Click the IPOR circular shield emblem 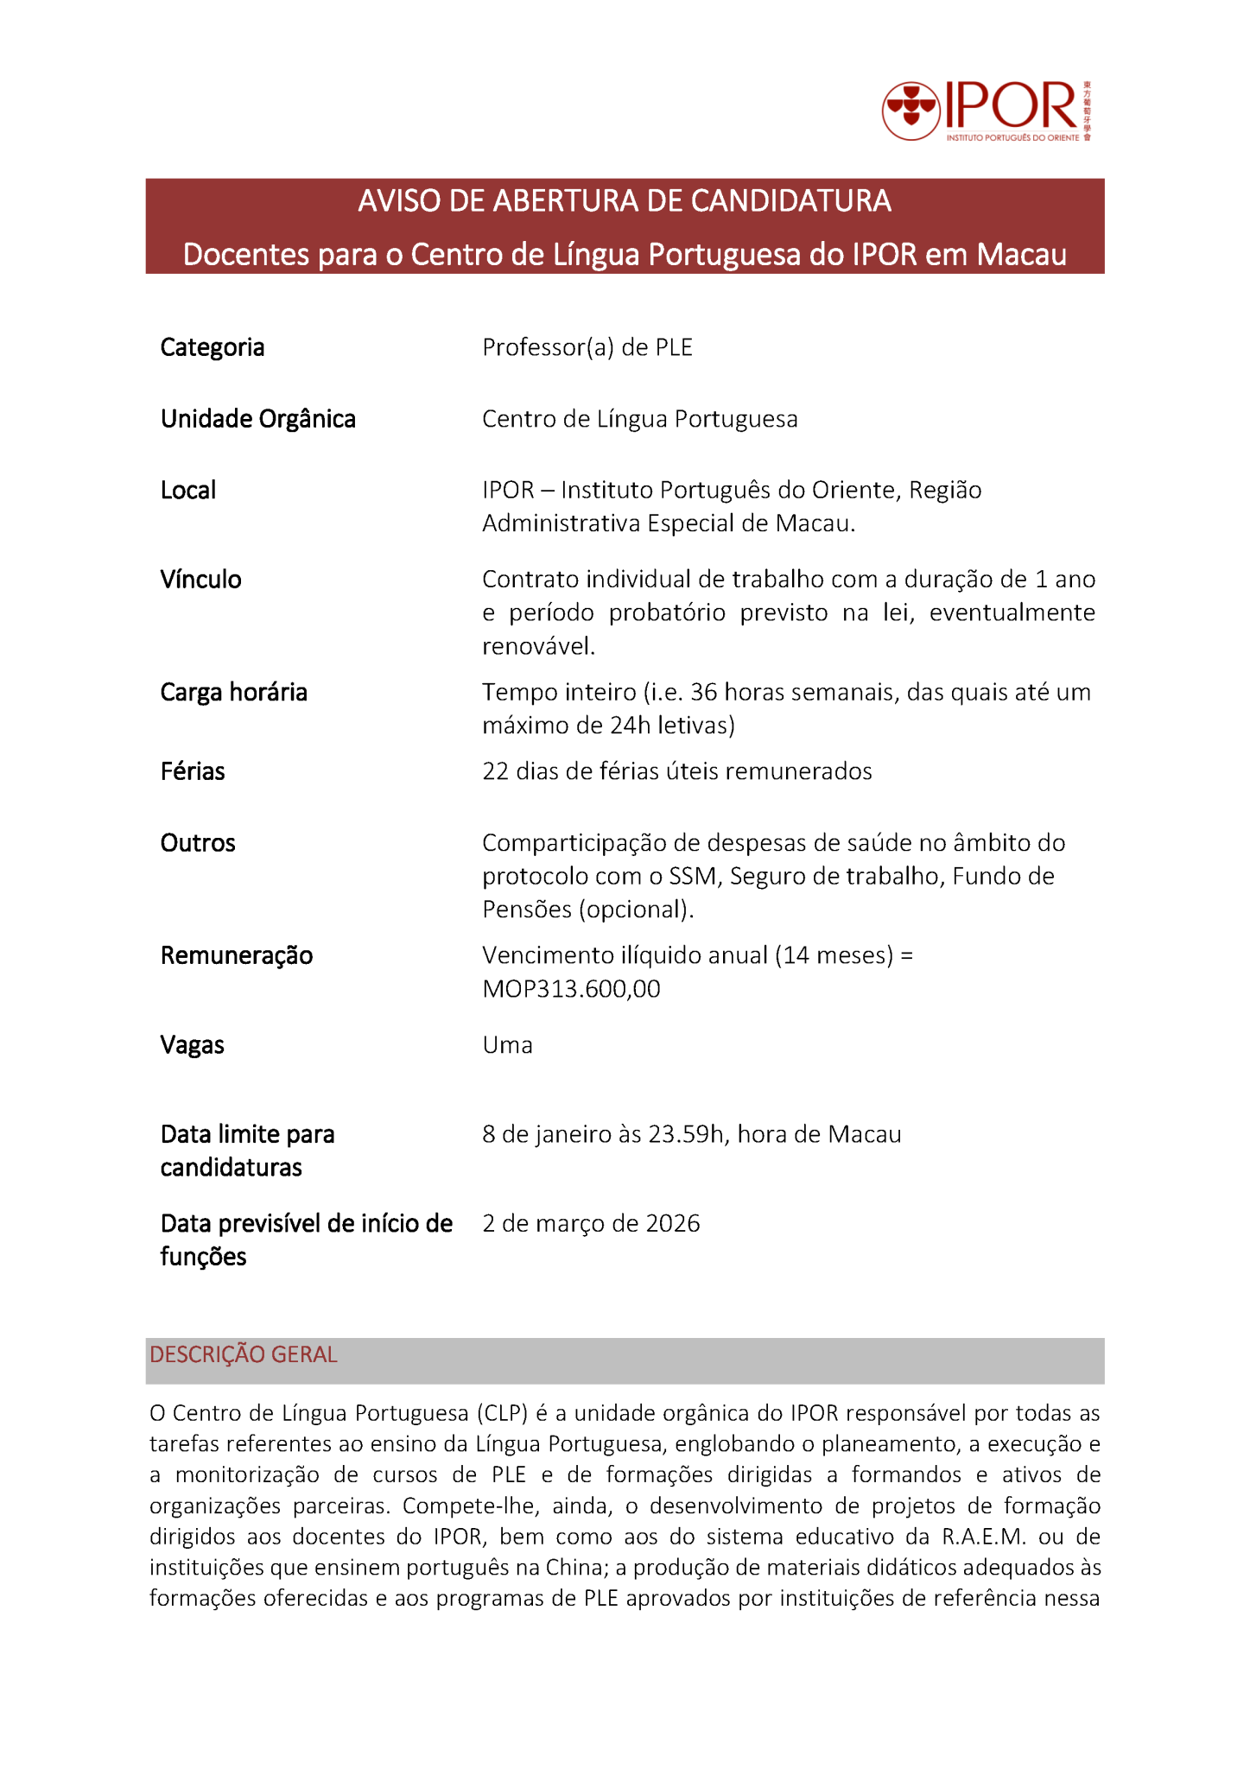tap(911, 111)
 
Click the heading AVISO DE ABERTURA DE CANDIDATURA tap(625, 201)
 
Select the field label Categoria tap(213, 347)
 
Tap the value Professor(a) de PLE tap(587, 347)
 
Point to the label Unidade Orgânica tap(258, 419)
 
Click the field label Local tap(188, 491)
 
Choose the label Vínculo tap(201, 580)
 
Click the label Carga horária tap(234, 693)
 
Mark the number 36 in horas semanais tap(704, 693)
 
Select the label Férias tap(193, 771)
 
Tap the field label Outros tap(198, 843)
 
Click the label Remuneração tap(237, 955)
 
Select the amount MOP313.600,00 tap(571, 989)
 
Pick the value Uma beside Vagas tap(507, 1045)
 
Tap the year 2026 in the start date tap(673, 1224)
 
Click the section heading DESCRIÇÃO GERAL tap(244, 1354)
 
